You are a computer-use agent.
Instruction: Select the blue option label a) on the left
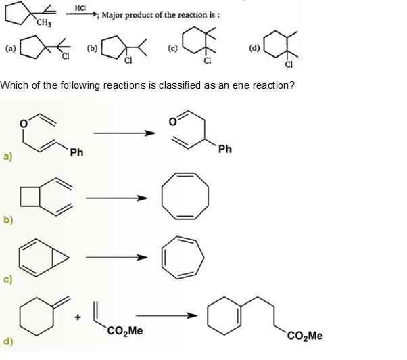pos(7,156)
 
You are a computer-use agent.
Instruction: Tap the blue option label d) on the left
pos(7,340)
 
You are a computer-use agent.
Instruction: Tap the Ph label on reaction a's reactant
pos(76,153)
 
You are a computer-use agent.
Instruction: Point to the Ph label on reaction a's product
pos(225,149)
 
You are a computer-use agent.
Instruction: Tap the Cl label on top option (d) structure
pos(289,65)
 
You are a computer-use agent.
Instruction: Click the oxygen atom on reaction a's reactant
pos(23,123)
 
